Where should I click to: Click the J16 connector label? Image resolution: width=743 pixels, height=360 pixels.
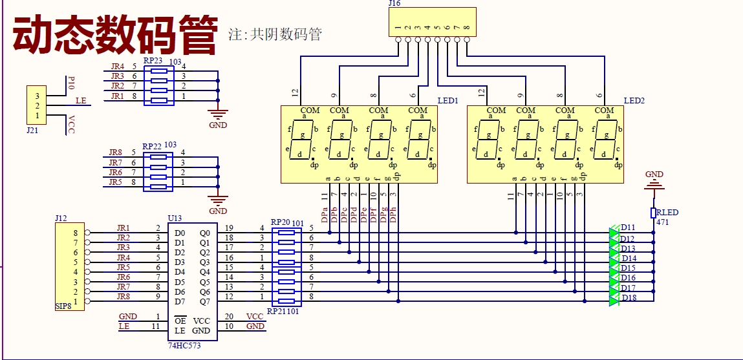394,4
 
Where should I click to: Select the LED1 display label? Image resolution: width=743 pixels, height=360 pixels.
447,101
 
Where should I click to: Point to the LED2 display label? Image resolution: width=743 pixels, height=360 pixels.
634,101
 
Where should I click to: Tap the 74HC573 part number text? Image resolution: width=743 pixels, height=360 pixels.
185,346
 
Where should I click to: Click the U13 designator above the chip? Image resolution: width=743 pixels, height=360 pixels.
175,218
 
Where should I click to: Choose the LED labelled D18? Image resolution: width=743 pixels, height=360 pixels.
614,298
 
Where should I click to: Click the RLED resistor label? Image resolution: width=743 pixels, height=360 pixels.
667,213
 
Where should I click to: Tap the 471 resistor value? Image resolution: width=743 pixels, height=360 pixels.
663,222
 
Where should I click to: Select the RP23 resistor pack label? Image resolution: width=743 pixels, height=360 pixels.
153,61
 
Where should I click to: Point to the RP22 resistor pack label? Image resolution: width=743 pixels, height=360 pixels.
152,147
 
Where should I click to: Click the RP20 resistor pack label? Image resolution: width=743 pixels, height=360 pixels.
281,222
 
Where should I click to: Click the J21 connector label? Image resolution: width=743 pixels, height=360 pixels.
32,130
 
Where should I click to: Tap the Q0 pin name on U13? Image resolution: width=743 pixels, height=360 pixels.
205,233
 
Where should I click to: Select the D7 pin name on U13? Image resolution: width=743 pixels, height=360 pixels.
179,301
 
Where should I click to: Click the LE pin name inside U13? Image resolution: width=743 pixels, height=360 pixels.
179,331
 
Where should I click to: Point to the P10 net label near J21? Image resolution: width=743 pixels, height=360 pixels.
72,82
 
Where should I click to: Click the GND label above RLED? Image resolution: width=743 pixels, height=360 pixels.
654,175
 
